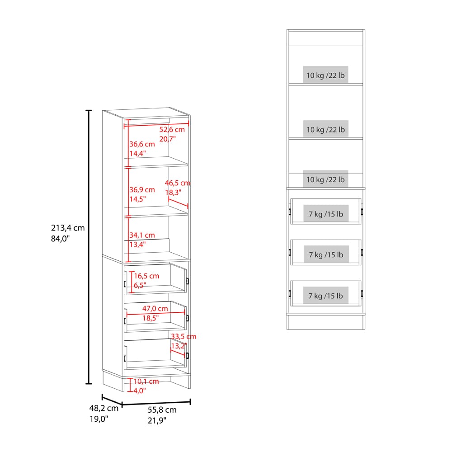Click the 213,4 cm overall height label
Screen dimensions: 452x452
tap(68, 228)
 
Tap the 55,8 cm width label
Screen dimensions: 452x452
tap(162, 410)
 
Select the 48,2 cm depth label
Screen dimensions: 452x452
tap(104, 408)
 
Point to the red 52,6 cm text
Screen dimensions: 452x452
tap(172, 129)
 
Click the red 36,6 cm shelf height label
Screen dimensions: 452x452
tap(142, 144)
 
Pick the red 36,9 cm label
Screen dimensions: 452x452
tap(142, 190)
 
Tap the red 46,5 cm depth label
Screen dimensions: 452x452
tap(178, 183)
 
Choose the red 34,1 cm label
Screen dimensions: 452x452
tap(142, 235)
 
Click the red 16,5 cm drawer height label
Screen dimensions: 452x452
tap(146, 276)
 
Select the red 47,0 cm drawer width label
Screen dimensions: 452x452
tap(155, 308)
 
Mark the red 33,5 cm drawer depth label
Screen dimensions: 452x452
tap(184, 336)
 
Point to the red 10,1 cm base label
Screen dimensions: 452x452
tap(146, 381)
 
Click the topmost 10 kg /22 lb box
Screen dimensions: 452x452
tap(325, 75)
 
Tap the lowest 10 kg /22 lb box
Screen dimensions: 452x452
tap(325, 179)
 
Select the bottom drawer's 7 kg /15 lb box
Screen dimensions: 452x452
tap(326, 296)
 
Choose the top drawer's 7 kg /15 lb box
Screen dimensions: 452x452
tap(326, 214)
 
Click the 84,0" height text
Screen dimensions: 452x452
tap(61, 239)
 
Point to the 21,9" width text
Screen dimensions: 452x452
tap(157, 420)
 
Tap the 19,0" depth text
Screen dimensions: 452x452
tap(99, 419)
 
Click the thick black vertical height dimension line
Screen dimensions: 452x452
tap(89, 247)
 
